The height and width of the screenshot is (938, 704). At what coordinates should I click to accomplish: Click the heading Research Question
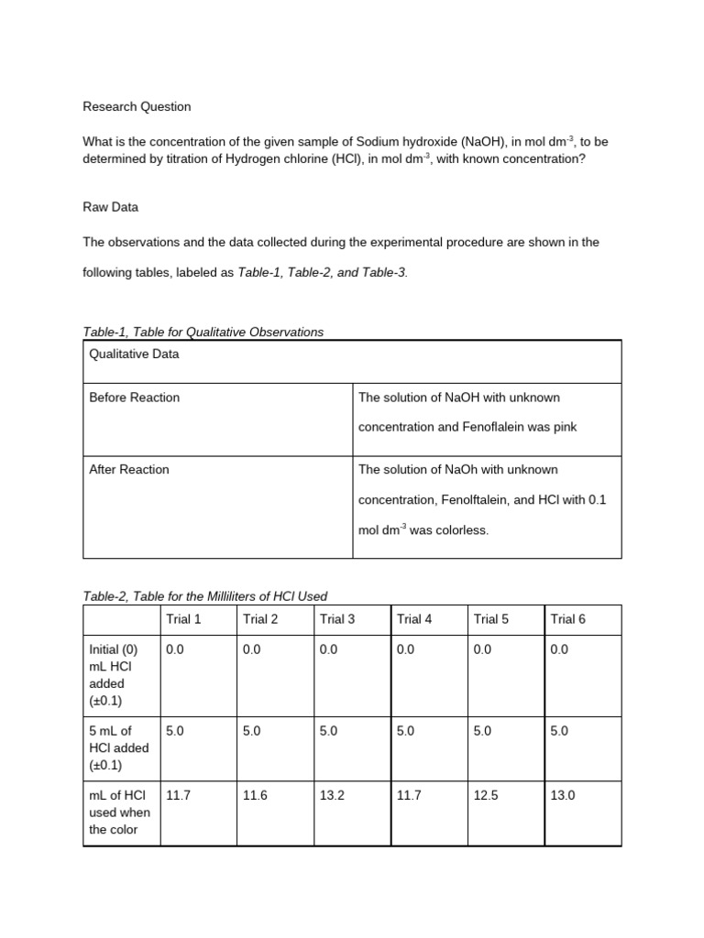137,106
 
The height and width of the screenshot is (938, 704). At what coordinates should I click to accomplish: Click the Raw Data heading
110,207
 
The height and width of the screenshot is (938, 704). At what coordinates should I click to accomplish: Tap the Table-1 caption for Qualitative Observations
203,332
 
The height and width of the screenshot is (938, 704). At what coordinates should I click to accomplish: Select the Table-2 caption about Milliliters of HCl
204,596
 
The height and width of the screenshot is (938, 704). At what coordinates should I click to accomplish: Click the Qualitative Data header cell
134,354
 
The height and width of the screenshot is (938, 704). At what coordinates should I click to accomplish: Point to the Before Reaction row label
134,398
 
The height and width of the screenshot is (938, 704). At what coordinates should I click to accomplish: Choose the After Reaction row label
128,470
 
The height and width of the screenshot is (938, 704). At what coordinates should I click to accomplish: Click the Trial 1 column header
183,619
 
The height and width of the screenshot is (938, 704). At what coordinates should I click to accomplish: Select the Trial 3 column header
337,619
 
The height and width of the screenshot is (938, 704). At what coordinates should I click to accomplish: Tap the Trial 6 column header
567,619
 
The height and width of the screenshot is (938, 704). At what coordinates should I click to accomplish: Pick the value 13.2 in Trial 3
332,796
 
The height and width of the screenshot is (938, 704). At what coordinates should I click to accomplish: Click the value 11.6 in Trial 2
255,796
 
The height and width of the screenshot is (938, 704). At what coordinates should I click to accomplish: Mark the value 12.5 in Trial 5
486,796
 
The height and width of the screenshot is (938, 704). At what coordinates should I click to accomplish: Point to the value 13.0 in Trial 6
562,796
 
